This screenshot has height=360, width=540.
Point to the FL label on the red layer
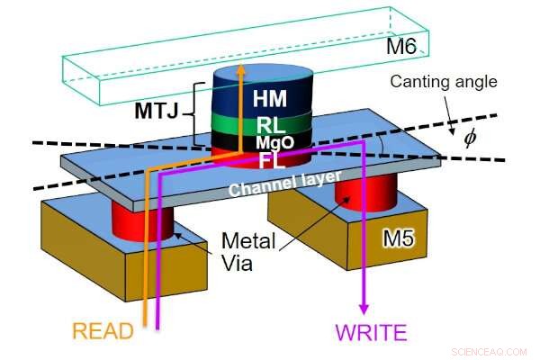[271, 160]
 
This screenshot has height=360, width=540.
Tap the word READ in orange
[103, 331]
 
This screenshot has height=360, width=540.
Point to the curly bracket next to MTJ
[198, 115]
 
